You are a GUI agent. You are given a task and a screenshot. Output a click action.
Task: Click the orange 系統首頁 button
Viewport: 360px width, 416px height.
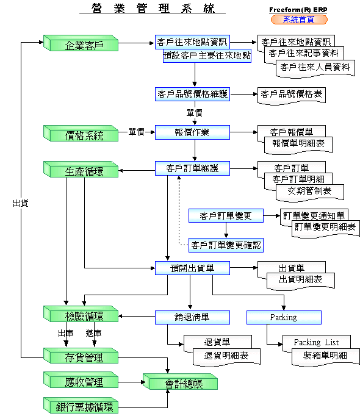299,20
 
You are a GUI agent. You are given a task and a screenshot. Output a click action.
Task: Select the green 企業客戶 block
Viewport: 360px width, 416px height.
81,43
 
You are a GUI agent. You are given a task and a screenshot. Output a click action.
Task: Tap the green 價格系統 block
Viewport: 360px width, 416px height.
81,133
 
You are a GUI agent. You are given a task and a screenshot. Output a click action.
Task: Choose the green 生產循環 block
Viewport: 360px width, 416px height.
81,169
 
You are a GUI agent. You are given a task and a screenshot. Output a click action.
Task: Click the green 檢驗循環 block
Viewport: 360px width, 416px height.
81,314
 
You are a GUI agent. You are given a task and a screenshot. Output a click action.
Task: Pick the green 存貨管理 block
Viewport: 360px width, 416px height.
81,356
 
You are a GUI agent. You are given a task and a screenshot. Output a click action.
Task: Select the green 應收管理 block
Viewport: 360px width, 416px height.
81,379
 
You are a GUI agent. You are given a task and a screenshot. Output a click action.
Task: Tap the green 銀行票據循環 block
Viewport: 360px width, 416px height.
81,405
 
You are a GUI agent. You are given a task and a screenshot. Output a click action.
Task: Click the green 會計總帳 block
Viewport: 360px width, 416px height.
180,381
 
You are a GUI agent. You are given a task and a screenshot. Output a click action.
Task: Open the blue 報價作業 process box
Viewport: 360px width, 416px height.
192,132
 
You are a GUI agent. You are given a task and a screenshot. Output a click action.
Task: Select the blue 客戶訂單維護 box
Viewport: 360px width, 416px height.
192,168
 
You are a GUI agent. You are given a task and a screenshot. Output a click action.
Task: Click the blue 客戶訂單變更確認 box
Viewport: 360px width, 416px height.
226,245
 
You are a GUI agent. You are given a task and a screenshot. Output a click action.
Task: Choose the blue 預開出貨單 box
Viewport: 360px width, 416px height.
192,268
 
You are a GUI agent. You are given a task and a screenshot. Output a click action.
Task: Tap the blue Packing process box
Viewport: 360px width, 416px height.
284,317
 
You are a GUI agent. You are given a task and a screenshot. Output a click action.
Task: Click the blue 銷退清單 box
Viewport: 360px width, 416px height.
192,317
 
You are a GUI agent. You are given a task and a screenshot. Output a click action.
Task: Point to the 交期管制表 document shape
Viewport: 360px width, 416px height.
310,192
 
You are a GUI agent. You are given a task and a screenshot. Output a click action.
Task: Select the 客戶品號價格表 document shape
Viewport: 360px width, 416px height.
292,96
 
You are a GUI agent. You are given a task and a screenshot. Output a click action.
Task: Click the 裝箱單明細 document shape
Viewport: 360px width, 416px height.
325,357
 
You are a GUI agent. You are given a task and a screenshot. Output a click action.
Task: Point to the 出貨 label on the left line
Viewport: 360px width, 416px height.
21,203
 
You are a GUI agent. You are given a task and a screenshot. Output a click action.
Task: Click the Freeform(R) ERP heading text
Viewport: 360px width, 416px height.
298,10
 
